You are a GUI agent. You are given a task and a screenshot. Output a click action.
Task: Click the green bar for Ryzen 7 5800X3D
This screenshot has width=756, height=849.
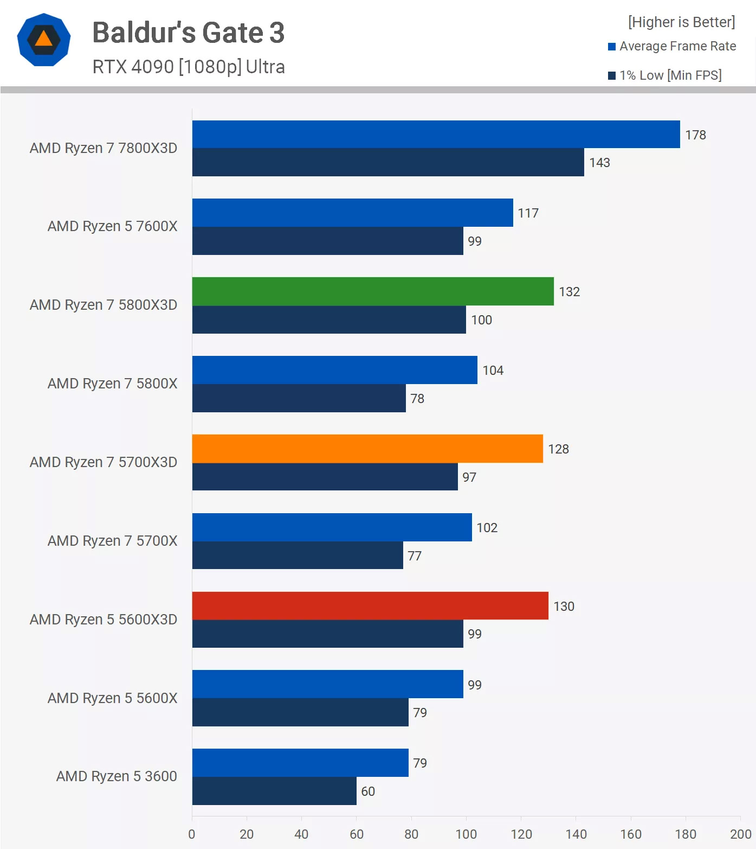(x=373, y=291)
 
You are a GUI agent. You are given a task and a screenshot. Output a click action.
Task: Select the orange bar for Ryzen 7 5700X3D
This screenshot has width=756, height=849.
(x=367, y=449)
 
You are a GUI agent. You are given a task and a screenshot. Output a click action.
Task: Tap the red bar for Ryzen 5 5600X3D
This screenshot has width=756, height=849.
(x=370, y=606)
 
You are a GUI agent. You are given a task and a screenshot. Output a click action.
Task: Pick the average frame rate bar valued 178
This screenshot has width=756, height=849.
(x=436, y=135)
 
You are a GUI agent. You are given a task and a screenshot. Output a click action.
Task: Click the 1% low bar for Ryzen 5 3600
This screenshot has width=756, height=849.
(x=274, y=791)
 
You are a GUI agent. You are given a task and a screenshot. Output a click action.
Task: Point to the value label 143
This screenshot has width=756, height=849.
(x=599, y=163)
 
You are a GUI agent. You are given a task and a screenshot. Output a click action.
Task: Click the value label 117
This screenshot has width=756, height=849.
(x=528, y=213)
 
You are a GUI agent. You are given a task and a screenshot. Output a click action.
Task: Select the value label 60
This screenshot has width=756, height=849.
(x=368, y=791)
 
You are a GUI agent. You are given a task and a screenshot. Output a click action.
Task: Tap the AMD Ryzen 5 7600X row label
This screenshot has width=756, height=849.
(x=112, y=226)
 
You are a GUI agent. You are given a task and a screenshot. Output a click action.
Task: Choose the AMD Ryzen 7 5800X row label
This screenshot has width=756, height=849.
(x=112, y=384)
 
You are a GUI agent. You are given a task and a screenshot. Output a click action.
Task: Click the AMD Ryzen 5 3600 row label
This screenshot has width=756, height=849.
(x=117, y=776)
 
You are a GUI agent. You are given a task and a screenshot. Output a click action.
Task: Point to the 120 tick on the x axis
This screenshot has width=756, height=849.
(x=521, y=834)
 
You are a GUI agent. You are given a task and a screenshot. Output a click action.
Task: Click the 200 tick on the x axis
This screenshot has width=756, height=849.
(x=741, y=834)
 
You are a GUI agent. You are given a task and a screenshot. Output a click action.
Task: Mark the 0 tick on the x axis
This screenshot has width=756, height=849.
(x=192, y=834)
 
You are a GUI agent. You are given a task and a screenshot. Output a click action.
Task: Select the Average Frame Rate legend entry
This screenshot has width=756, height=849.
(x=672, y=46)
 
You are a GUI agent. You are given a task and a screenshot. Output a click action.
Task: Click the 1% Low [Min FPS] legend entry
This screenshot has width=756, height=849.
(x=665, y=75)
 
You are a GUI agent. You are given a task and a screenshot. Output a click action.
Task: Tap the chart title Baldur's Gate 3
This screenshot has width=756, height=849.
(x=189, y=33)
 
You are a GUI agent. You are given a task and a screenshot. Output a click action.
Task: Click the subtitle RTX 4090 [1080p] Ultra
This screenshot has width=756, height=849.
(x=189, y=67)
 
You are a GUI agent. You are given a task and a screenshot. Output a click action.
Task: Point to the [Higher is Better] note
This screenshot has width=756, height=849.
(x=681, y=22)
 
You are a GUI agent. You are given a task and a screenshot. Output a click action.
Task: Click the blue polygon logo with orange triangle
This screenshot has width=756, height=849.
(x=44, y=40)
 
